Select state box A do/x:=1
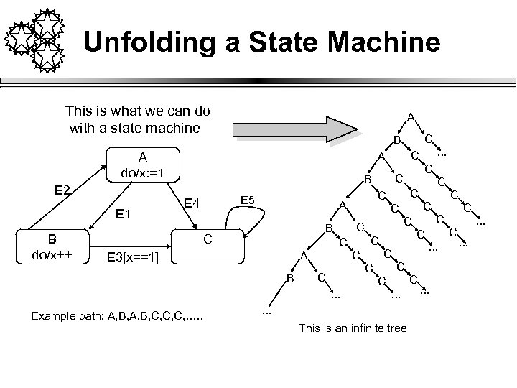click(x=143, y=165)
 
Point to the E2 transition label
click(x=63, y=190)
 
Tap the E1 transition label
click(x=128, y=213)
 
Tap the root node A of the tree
click(x=409, y=116)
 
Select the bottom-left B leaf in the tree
click(x=291, y=277)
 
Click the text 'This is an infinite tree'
click(x=352, y=328)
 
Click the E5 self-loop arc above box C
click(x=267, y=216)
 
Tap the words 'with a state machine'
click(x=132, y=128)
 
